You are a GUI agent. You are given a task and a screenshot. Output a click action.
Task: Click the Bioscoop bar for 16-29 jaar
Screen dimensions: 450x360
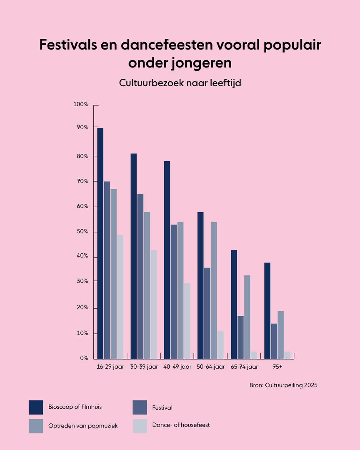100,243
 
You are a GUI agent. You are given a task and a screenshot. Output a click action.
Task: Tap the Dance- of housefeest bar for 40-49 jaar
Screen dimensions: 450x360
187,321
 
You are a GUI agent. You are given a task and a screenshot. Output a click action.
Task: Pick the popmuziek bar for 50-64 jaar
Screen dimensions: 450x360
213,290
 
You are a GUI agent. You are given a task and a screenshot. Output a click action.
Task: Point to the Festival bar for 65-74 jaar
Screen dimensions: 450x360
240,337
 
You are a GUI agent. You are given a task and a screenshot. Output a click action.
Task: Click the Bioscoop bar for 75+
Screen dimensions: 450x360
267,311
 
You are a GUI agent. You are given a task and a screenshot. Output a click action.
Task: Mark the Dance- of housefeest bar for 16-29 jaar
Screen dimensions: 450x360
120,297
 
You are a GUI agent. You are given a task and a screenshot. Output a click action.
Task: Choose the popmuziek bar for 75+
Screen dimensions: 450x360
280,335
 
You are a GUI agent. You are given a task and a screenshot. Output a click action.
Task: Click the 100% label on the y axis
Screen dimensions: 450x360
80,104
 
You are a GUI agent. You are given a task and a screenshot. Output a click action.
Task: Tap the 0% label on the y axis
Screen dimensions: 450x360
84,358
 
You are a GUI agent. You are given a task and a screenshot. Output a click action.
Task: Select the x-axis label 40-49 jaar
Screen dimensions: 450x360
177,367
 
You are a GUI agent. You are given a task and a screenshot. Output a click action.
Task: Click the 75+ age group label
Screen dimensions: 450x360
277,367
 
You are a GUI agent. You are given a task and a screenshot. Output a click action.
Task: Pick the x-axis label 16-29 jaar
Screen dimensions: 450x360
110,367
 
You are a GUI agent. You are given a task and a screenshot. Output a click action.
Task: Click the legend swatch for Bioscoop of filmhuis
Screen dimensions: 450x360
36,407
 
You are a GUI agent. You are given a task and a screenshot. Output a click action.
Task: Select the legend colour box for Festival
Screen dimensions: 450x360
140,407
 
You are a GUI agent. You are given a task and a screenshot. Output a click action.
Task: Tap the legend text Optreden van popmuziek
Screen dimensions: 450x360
83,426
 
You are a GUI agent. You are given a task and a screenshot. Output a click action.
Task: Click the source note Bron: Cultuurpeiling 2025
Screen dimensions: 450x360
283,385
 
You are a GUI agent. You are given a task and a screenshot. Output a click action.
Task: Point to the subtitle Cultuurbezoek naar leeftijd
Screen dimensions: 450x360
180,83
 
